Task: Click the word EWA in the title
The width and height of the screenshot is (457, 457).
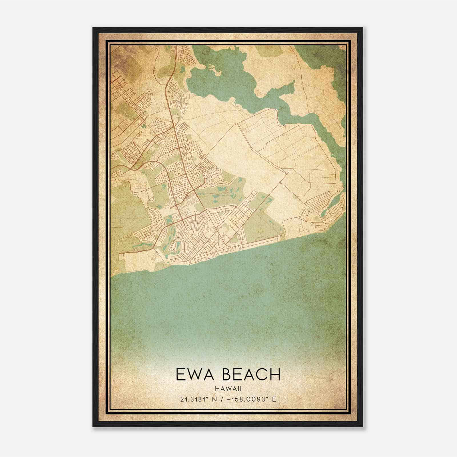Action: pyautogui.click(x=194, y=374)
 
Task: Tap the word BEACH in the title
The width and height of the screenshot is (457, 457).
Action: pyautogui.click(x=251, y=374)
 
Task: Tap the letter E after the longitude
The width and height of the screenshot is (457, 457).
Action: pyautogui.click(x=274, y=399)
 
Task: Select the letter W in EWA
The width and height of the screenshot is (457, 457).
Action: pyautogui.click(x=194, y=374)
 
